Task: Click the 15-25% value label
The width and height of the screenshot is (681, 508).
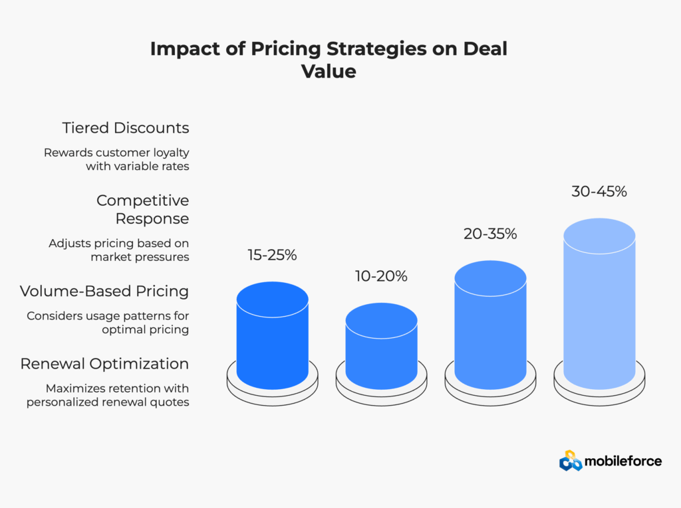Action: tap(272, 255)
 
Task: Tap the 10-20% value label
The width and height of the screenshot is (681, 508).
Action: tap(382, 276)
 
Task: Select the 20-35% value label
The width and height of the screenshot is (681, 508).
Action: tap(490, 234)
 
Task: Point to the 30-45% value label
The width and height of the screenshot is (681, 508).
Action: tap(599, 191)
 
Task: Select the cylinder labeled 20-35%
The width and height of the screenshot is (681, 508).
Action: tap(491, 329)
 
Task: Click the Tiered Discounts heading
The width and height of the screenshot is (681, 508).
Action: tap(126, 127)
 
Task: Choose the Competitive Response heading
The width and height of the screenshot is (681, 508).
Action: tap(143, 209)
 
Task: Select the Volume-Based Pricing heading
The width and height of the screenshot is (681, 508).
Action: tap(104, 291)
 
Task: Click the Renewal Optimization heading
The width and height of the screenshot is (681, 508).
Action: tap(104, 364)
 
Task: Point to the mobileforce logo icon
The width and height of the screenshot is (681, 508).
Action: tap(571, 460)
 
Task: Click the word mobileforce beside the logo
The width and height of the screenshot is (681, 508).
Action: tap(624, 461)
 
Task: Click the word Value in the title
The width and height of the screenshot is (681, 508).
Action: tap(329, 71)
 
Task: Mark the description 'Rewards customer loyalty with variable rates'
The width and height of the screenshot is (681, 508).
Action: tap(117, 159)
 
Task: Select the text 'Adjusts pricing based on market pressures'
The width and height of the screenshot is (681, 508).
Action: tap(119, 250)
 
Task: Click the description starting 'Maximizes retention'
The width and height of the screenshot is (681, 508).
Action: tap(108, 395)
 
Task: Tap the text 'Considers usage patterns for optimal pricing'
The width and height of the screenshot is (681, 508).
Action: tap(108, 323)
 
